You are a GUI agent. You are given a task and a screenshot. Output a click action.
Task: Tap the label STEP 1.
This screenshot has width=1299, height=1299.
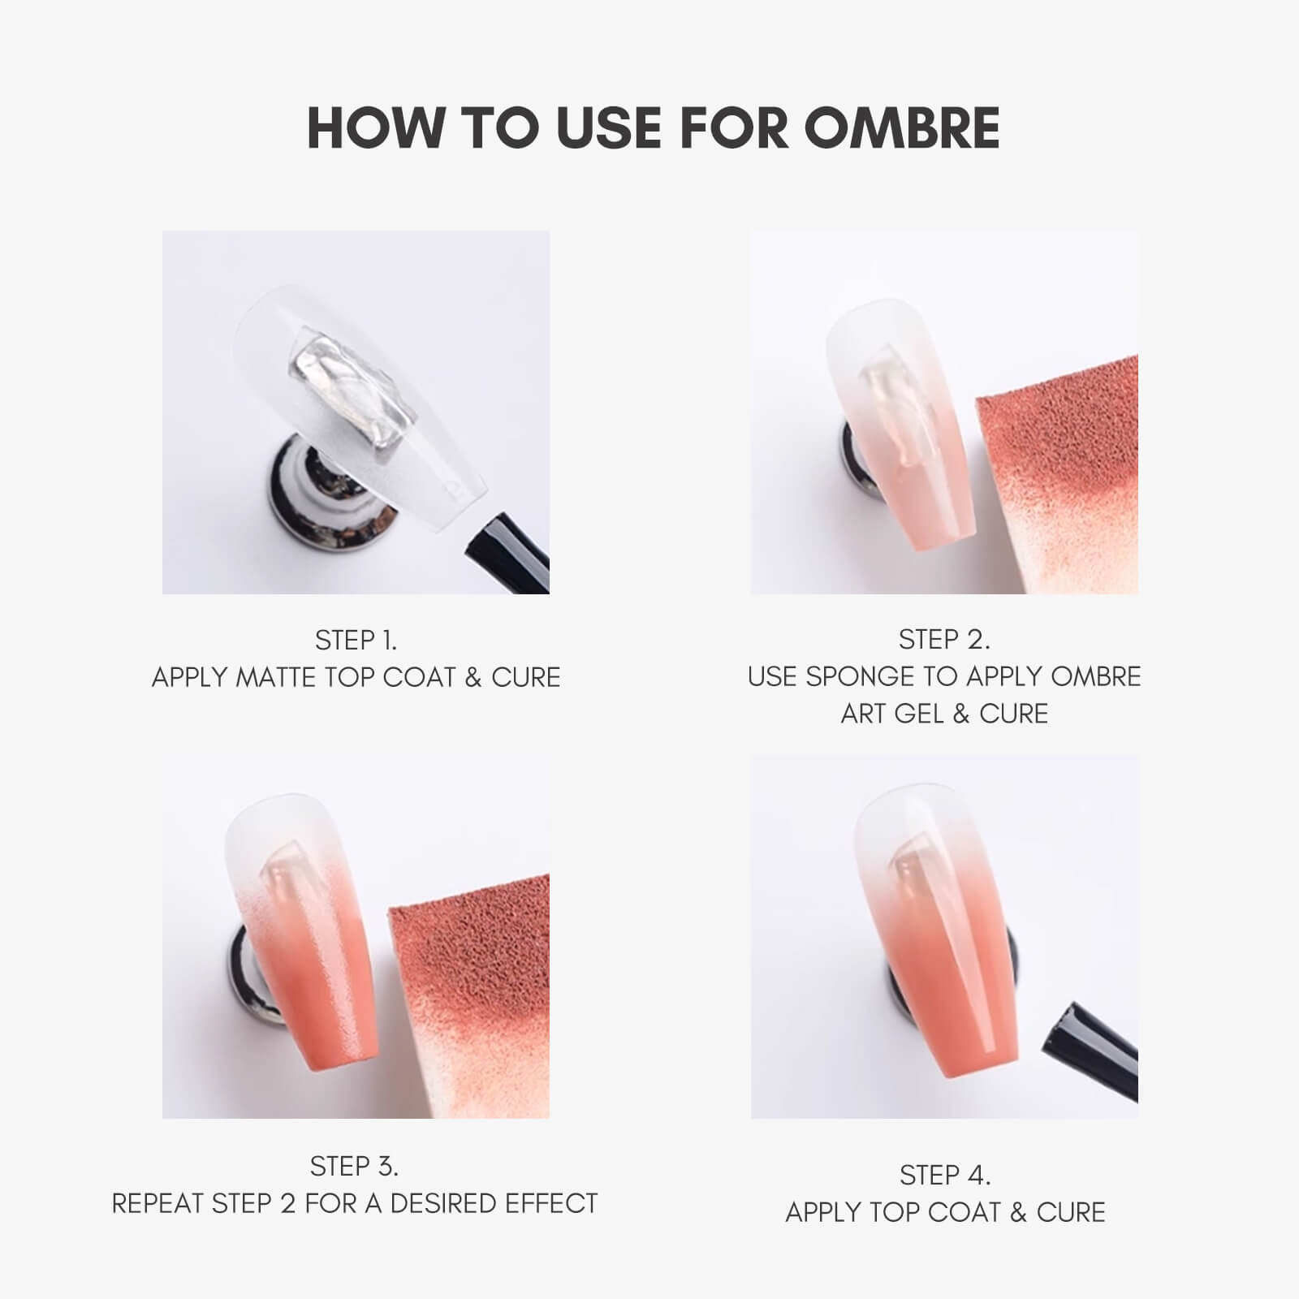point(356,641)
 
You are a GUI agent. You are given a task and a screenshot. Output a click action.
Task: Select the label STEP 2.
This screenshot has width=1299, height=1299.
point(944,640)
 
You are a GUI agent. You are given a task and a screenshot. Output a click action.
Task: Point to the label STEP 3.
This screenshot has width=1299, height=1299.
point(354,1166)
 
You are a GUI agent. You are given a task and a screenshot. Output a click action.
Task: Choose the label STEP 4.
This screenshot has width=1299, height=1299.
point(945,1175)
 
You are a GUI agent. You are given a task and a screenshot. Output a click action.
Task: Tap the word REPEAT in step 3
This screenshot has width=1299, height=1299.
point(159,1203)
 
